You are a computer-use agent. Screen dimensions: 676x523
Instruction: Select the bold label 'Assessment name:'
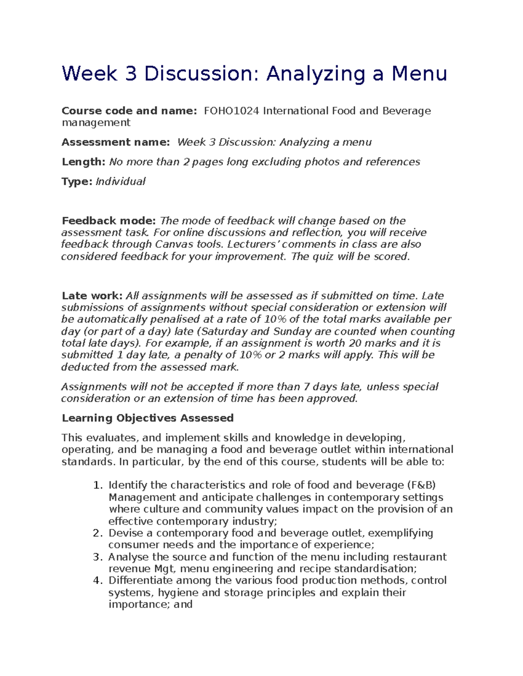pos(115,142)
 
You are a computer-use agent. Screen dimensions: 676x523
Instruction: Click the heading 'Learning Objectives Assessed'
pos(148,418)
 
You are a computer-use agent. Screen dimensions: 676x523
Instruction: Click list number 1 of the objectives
pos(98,485)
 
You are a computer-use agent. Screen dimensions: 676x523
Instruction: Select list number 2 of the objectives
pos(98,533)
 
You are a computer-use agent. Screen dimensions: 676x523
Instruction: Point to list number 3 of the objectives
pos(98,557)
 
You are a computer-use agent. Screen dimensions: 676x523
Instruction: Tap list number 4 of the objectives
pos(98,581)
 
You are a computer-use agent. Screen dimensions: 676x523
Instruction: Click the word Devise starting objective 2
pos(126,533)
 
